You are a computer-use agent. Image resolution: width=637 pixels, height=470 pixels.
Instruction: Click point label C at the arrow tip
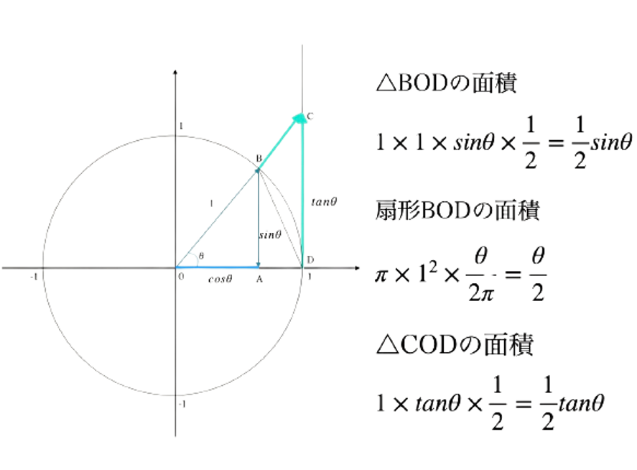[x=310, y=116]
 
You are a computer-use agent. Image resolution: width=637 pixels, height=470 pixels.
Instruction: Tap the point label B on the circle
[x=259, y=158]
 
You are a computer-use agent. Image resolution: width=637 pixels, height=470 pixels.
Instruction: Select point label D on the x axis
[x=310, y=260]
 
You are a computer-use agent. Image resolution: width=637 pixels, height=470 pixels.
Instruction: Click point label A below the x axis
[x=259, y=280]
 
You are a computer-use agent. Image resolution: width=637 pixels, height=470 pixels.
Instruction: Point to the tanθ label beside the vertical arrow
[x=324, y=202]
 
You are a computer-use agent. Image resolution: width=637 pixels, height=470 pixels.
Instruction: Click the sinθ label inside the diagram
[x=270, y=234]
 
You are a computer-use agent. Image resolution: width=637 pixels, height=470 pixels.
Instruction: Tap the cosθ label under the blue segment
[x=220, y=279]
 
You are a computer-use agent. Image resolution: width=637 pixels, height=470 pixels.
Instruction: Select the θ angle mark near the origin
[x=201, y=256]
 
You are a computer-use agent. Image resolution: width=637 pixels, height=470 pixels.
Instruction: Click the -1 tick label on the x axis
[x=34, y=277]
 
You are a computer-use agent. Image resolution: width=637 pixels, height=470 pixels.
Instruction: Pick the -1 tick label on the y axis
[x=182, y=404]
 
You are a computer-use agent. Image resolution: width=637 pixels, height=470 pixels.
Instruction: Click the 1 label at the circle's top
[x=181, y=126]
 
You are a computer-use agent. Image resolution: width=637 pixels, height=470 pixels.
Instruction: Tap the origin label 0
[x=181, y=277]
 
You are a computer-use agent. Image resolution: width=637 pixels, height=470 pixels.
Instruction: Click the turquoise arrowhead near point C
[x=299, y=118]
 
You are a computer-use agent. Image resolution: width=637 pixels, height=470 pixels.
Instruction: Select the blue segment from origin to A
[x=217, y=267]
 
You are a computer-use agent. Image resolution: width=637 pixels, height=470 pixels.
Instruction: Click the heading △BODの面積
[x=447, y=83]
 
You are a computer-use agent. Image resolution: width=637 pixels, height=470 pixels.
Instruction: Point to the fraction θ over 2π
[x=481, y=275]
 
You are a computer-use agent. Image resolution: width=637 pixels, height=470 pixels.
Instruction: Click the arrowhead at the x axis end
[x=357, y=268]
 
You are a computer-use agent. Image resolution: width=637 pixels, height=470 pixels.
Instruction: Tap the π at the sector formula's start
[x=381, y=276]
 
